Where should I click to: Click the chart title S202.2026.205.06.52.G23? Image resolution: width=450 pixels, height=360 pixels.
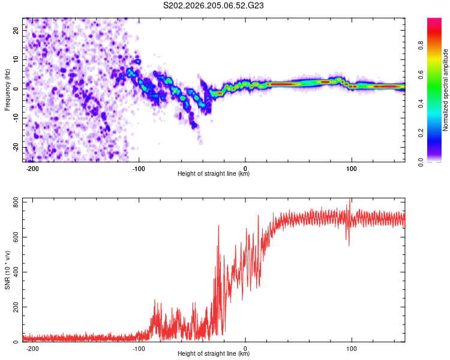[x=213, y=5]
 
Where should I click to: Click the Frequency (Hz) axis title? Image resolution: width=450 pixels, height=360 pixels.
[x=7, y=90]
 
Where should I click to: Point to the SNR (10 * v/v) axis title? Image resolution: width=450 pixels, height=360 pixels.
[x=7, y=270]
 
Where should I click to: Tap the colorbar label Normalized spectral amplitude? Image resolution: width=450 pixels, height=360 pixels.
[x=445, y=90]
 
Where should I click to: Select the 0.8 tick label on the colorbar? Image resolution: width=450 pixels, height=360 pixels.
[x=421, y=46]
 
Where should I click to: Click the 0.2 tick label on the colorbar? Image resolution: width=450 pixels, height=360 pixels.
[x=421, y=133]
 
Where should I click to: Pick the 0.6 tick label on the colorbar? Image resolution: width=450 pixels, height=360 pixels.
[x=421, y=74]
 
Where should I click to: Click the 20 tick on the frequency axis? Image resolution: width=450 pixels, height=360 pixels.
[x=16, y=31]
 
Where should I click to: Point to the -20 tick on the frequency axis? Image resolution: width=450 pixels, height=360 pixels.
[x=16, y=148]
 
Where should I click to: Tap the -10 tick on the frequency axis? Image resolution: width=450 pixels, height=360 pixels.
[x=16, y=118]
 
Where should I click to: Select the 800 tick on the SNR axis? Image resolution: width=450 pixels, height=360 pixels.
[x=16, y=203]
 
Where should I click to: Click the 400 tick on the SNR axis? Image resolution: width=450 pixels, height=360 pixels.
[x=16, y=272]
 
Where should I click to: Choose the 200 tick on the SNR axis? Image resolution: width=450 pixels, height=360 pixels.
[x=16, y=307]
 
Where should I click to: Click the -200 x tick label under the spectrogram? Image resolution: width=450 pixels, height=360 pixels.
[x=32, y=169]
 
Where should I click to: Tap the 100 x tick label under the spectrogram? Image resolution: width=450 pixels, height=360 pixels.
[x=351, y=169]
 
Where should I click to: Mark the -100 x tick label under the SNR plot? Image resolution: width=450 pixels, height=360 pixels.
[x=139, y=349]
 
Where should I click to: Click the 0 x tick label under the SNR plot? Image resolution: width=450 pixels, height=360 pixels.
[x=245, y=349]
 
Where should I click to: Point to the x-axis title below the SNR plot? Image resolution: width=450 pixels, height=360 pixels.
[x=214, y=353]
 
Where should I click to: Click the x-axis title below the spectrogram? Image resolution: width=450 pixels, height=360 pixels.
[x=214, y=173]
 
